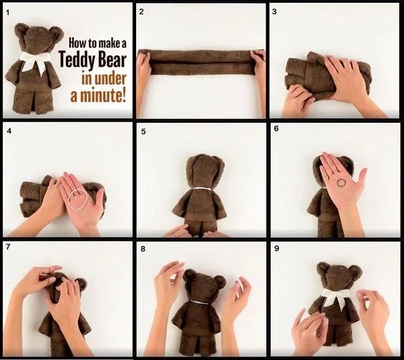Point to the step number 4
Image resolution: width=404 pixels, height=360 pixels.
8,132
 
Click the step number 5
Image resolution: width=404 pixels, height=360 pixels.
143,132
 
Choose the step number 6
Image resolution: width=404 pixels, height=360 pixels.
276,132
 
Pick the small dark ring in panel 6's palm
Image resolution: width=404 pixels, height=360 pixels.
342,184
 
